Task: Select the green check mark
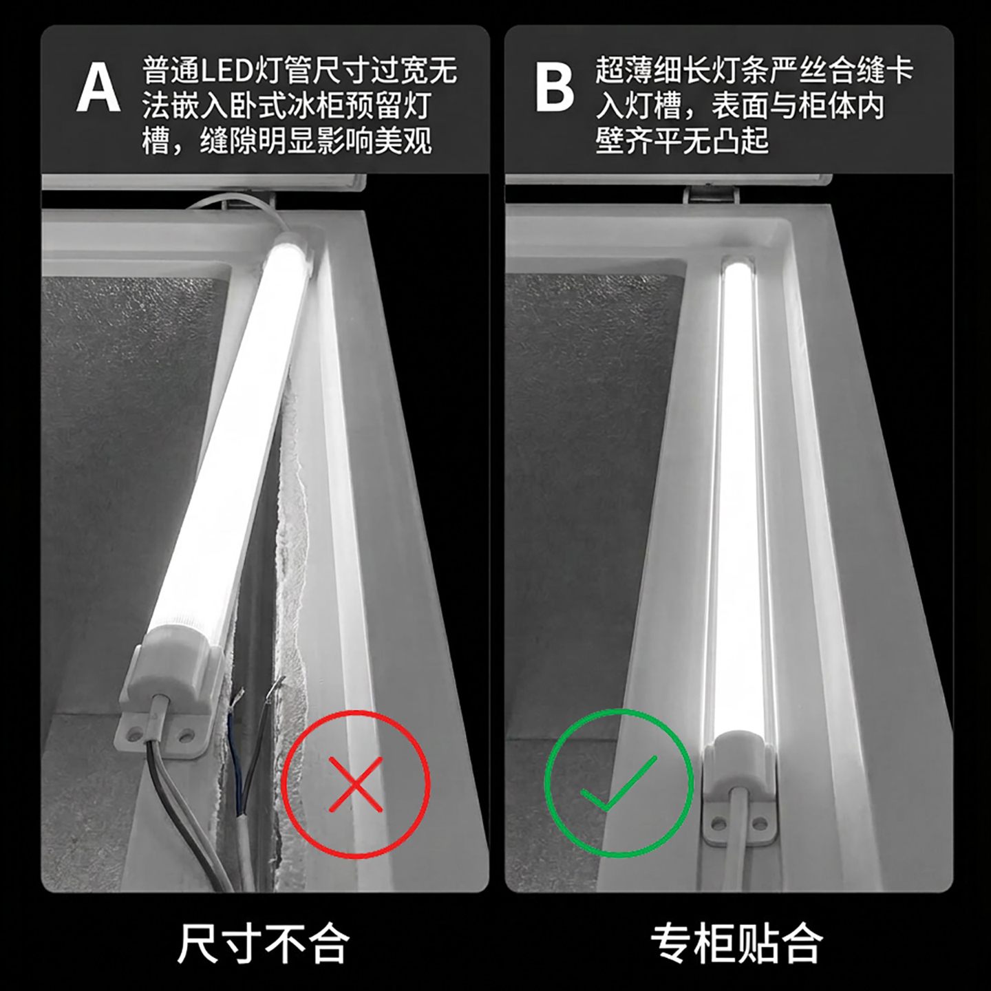619,782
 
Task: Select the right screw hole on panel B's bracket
759,823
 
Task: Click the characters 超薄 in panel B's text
624,70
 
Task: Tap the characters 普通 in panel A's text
171,70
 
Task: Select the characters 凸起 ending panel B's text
740,140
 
